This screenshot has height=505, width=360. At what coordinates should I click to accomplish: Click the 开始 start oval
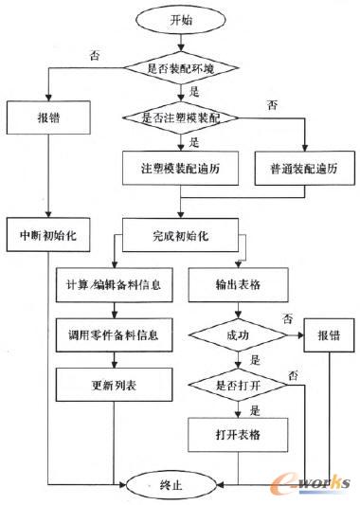179,19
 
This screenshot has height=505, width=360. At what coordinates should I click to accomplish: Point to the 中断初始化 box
47,233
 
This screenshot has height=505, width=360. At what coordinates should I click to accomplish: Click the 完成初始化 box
179,233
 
